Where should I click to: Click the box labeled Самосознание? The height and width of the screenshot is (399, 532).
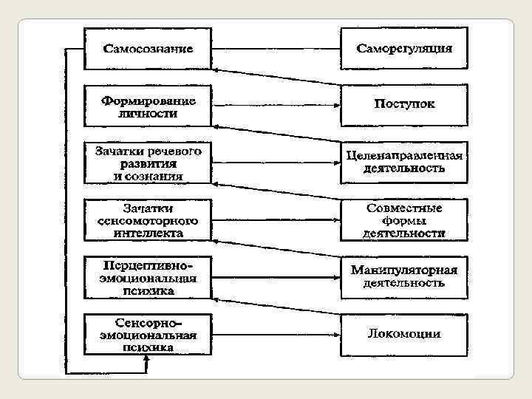click(x=148, y=49)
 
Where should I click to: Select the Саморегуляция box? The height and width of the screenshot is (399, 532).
click(x=404, y=49)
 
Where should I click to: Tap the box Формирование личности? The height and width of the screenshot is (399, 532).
click(x=148, y=105)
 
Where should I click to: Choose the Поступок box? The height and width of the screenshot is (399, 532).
click(x=404, y=105)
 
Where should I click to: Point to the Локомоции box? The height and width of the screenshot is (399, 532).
click(x=404, y=334)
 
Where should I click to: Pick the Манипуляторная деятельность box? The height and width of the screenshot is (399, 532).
click(x=404, y=276)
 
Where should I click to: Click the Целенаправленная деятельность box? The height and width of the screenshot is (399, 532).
click(x=404, y=162)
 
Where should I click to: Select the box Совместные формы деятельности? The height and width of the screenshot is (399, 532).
click(x=404, y=219)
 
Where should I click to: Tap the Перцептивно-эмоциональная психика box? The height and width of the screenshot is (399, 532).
click(x=148, y=276)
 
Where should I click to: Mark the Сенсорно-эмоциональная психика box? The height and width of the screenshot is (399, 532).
click(x=148, y=334)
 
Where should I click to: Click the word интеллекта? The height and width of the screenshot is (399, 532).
click(x=148, y=232)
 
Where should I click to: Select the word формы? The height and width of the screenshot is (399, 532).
click(x=404, y=220)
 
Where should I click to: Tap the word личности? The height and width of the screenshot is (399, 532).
click(x=148, y=115)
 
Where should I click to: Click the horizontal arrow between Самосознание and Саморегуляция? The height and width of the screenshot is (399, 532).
click(x=275, y=49)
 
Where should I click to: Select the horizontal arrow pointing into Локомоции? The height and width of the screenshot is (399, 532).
click(x=275, y=334)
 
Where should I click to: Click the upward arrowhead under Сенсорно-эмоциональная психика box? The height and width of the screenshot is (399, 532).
click(x=147, y=359)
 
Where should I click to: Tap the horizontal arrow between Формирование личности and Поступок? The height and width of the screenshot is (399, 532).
click(x=275, y=105)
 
